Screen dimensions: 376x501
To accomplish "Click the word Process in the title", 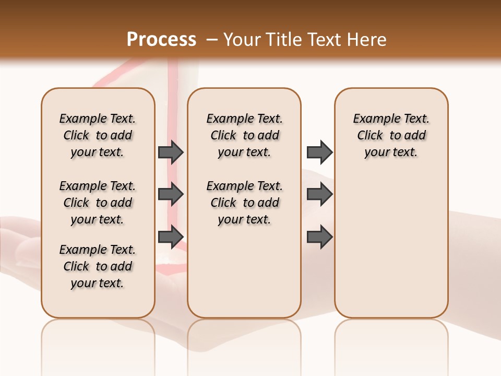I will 161,40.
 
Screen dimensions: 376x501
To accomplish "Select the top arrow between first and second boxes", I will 171,152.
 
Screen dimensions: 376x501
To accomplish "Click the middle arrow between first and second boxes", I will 171,194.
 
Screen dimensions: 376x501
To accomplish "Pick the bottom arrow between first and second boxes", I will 171,237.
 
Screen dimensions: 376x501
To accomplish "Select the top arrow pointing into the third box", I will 319,152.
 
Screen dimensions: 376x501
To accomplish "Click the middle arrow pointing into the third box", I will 319,194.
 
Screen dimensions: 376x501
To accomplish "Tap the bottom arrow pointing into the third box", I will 319,237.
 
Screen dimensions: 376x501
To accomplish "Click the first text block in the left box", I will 98,135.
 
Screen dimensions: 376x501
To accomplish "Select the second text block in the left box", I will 98,203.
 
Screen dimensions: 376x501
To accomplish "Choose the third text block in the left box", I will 98,266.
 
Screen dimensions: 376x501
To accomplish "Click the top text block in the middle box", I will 244,135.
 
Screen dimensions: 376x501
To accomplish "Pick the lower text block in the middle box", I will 244,203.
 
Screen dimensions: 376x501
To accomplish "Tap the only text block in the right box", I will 391,135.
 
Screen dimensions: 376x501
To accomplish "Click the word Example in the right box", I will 373,119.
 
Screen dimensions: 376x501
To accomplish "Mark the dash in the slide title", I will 212,40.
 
